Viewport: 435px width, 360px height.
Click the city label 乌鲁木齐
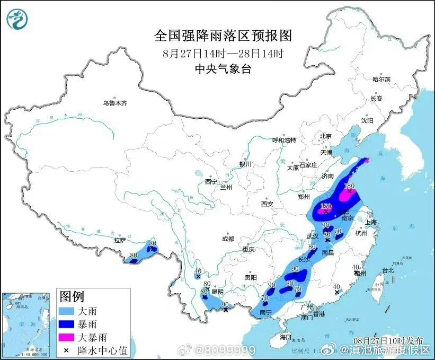point(116,103)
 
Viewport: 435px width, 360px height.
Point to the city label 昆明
point(217,291)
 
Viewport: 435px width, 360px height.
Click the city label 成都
point(228,239)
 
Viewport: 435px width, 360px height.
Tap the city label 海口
point(286,337)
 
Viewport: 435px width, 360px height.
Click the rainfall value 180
point(349,186)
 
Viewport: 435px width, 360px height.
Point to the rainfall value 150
point(326,206)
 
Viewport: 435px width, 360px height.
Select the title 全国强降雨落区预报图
point(223,36)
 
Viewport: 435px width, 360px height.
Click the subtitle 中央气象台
point(223,68)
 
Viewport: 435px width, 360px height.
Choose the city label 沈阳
point(367,120)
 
